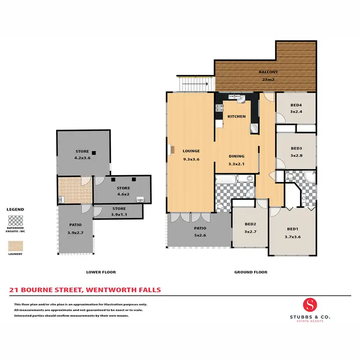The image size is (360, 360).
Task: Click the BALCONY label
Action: click(269, 72)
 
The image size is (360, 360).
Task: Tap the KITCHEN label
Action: click(236, 117)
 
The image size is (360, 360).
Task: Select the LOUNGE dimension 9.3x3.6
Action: click(191, 159)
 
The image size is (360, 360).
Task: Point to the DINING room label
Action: click(236, 156)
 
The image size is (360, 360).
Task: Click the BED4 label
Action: click(296, 106)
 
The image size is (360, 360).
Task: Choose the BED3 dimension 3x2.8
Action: click(296, 155)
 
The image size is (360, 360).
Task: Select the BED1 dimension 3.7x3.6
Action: click(292, 237)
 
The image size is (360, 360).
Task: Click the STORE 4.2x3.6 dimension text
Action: click(82, 158)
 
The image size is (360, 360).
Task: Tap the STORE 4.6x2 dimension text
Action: click(123, 195)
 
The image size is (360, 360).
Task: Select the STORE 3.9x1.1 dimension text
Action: click(119, 215)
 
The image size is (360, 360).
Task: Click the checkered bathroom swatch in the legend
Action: click(15, 221)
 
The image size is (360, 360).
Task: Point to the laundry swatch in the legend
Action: click(15, 246)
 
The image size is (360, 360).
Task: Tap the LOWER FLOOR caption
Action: click(101, 272)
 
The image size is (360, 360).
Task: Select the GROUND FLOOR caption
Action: click(251, 272)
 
